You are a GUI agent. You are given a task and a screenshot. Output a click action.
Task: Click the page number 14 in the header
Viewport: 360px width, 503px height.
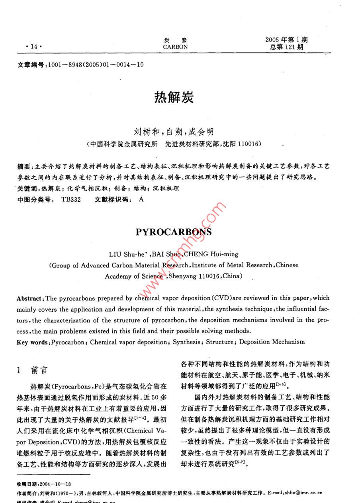[x=30, y=47]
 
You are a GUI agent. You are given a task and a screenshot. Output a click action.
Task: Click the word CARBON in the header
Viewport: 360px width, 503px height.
[x=175, y=47]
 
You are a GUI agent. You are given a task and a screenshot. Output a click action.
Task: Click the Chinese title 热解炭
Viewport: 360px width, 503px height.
[x=174, y=97]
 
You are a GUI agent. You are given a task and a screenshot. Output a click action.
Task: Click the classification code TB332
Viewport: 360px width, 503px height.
[x=71, y=199]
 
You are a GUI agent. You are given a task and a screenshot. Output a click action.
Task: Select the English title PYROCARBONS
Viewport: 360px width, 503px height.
[x=174, y=232]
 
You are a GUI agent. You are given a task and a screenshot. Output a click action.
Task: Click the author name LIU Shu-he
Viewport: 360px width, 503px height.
[x=125, y=254]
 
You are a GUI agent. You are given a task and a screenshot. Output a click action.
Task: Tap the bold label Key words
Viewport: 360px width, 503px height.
[x=33, y=342]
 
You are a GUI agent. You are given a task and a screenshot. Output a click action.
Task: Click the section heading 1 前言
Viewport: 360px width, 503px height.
[x=33, y=370]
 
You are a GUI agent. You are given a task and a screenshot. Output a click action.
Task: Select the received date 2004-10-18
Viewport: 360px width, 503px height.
[x=55, y=484]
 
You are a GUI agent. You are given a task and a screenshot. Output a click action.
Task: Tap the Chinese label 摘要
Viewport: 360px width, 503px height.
[x=24, y=166]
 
